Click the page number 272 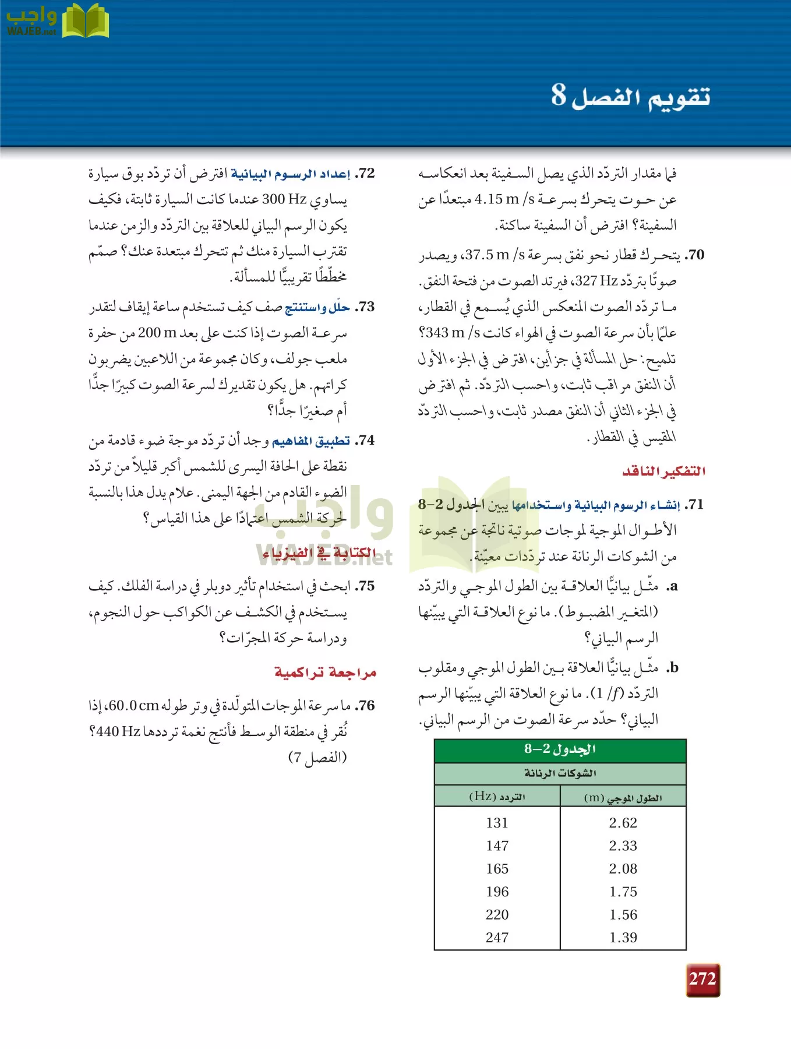click(702, 979)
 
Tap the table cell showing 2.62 click(623, 823)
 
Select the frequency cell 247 click(497, 938)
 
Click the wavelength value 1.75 click(623, 892)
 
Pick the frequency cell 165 click(497, 869)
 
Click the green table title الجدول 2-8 click(560, 749)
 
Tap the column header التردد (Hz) click(497, 797)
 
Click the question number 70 click(695, 255)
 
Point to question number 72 click(366, 174)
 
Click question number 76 click(366, 706)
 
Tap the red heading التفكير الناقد click(663, 471)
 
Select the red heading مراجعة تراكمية click(325, 673)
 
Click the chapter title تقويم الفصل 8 click(631, 96)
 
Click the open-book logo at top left click(85, 22)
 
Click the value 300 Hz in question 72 click(284, 199)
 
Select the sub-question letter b click(673, 668)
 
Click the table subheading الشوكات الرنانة click(560, 773)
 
